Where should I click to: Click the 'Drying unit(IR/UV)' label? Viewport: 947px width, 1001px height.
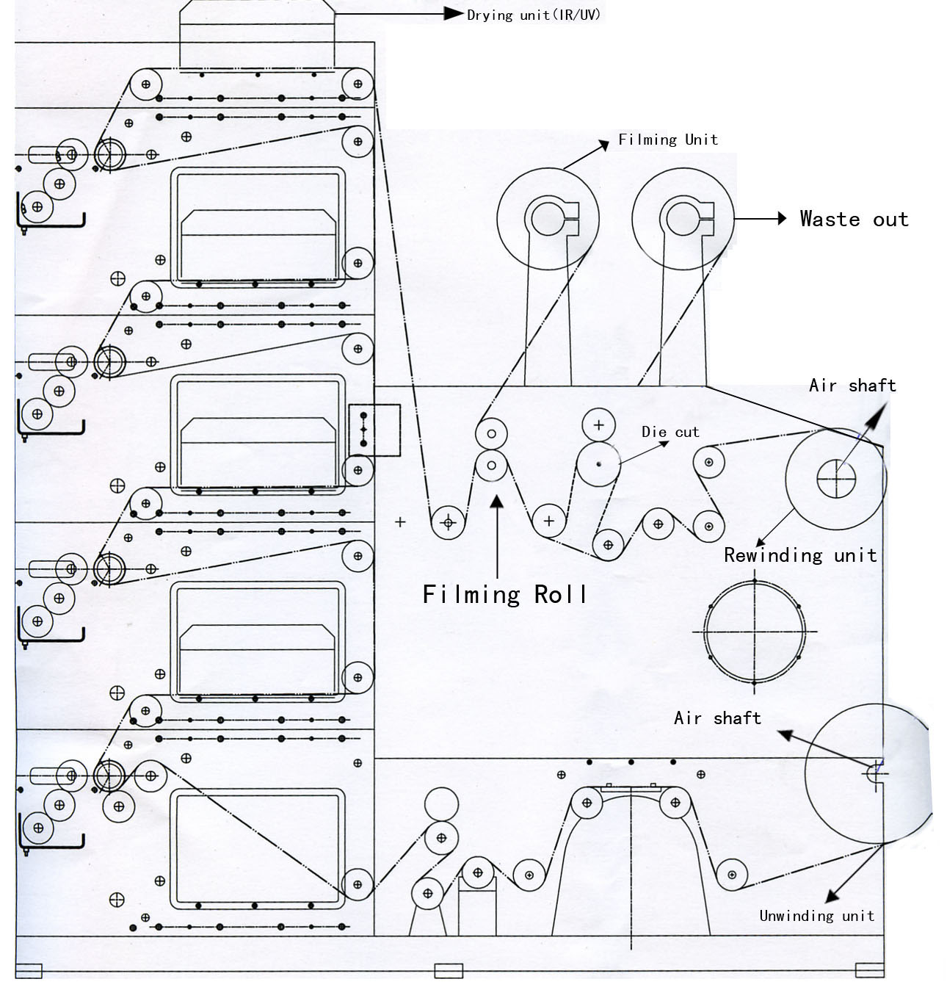tap(534, 15)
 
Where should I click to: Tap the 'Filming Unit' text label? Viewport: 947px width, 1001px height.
tap(667, 140)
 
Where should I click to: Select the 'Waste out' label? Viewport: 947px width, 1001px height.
tap(854, 219)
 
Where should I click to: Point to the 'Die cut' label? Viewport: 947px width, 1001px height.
tap(670, 432)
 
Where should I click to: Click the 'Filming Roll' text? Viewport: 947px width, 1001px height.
tap(505, 593)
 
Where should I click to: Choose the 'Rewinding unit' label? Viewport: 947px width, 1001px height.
tap(800, 554)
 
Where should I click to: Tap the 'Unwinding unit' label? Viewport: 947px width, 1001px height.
tap(816, 915)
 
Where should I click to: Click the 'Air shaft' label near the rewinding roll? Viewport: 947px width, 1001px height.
tap(852, 386)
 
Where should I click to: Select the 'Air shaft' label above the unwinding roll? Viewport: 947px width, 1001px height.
tap(717, 718)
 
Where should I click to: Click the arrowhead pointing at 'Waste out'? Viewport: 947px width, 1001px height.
tap(782, 219)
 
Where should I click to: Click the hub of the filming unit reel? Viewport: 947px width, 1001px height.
tap(548, 219)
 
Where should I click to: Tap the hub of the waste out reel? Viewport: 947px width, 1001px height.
tap(683, 219)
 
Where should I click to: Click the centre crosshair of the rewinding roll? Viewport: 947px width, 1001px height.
tap(836, 478)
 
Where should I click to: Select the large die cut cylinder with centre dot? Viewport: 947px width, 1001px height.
tap(598, 464)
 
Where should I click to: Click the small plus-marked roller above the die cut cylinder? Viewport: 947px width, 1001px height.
tap(599, 424)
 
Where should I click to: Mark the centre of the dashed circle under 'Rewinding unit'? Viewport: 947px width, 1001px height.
tap(755, 632)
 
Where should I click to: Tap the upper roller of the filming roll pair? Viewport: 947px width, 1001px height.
tap(491, 433)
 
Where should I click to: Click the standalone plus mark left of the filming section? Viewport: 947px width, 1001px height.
tap(400, 522)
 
